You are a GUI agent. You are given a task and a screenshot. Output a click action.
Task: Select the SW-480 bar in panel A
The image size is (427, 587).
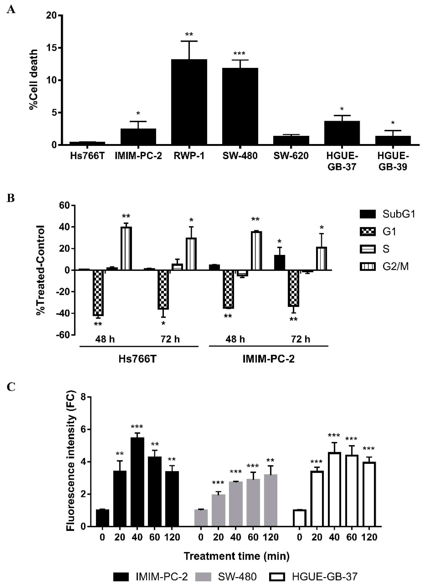coord(240,106)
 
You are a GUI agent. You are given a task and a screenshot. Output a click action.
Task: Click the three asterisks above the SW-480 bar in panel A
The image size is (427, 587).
coord(239,54)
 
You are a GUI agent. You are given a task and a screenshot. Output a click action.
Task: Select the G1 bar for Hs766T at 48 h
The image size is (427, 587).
coord(98,293)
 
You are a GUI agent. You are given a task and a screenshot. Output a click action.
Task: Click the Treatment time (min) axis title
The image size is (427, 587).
coord(237,556)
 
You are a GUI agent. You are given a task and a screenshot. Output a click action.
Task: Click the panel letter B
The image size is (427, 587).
coord(11,198)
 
